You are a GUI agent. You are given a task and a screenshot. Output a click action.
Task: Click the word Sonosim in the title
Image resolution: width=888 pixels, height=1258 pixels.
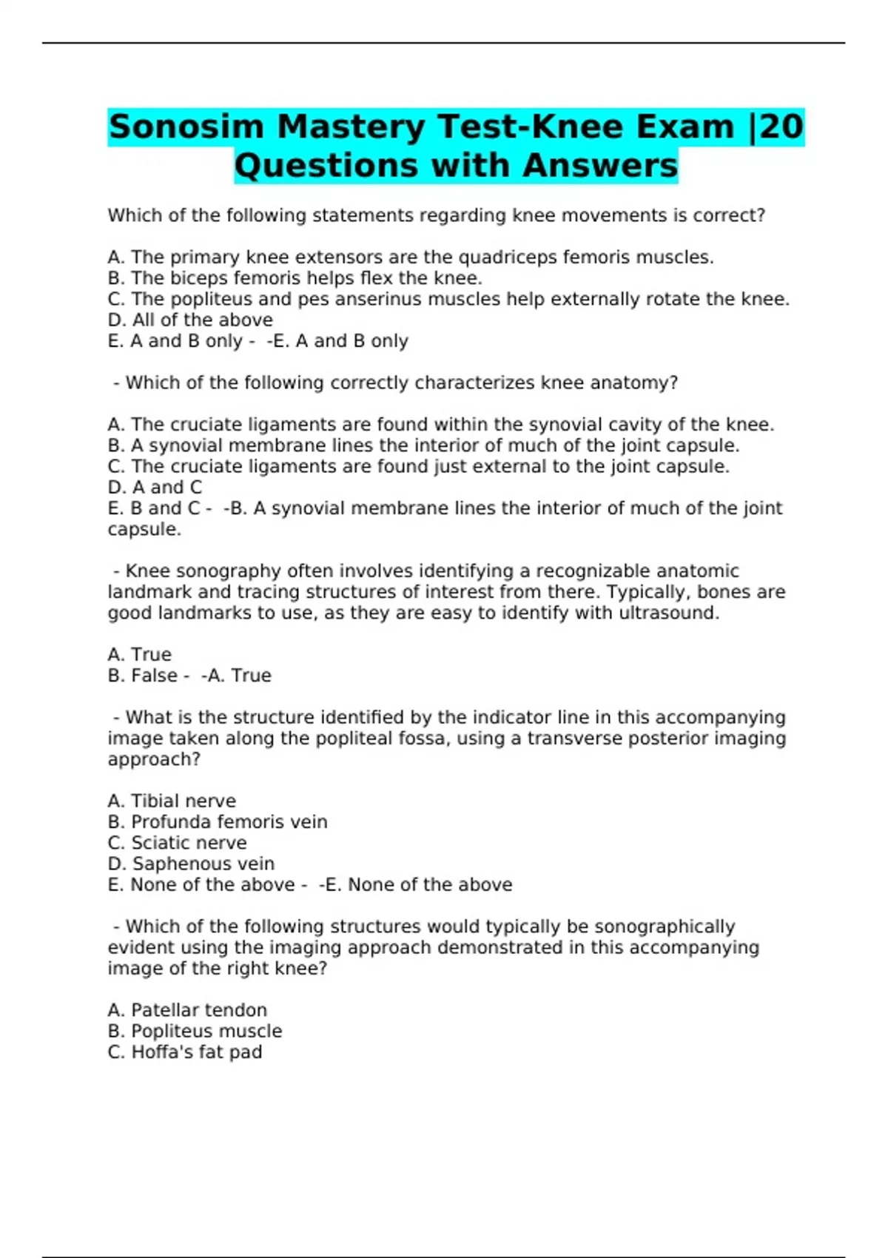click(186, 127)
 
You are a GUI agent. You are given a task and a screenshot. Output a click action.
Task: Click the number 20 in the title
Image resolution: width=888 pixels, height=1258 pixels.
click(781, 127)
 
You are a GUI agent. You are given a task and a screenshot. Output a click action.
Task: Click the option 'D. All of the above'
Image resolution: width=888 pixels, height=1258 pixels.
click(190, 320)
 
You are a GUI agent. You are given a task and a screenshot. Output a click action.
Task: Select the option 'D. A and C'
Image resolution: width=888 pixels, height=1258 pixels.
click(155, 488)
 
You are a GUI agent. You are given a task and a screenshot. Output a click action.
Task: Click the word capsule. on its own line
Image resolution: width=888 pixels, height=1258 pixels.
click(144, 530)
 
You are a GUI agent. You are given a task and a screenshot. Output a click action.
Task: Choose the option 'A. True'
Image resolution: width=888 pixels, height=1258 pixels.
click(139, 655)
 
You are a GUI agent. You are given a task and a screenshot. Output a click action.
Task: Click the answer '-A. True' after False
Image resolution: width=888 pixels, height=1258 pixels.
click(236, 676)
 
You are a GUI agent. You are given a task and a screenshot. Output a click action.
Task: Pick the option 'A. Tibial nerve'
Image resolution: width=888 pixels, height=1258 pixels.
click(172, 801)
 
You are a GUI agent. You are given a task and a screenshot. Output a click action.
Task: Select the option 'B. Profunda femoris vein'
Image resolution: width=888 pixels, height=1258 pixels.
click(218, 822)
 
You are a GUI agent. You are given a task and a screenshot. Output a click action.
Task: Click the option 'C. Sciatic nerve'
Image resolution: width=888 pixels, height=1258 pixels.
click(177, 843)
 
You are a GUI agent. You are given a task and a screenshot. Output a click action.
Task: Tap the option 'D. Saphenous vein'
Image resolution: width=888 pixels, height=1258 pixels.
click(191, 864)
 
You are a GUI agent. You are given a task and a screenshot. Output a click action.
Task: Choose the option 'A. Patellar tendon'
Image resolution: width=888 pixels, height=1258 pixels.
click(187, 1010)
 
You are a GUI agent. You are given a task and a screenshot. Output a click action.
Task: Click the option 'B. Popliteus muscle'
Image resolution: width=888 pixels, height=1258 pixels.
click(195, 1031)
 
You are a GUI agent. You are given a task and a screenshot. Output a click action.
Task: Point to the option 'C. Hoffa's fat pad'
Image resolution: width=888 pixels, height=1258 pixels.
click(185, 1052)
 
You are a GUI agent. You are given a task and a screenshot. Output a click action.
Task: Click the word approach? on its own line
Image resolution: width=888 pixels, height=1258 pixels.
click(154, 760)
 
